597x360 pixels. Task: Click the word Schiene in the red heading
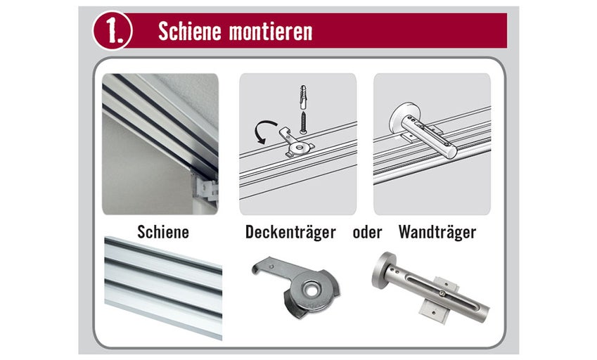(190, 31)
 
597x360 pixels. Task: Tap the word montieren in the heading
(270, 32)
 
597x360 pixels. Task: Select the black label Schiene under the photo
(163, 232)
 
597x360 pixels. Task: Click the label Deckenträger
(290, 232)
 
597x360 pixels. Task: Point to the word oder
(367, 232)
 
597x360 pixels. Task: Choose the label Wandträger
(437, 232)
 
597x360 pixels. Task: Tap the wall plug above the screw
(303, 98)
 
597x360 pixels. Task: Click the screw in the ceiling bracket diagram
(304, 122)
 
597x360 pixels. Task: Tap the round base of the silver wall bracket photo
(382, 270)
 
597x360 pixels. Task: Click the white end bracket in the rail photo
(206, 188)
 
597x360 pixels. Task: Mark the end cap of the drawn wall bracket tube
(452, 152)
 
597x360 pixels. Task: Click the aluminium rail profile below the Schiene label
(163, 288)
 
